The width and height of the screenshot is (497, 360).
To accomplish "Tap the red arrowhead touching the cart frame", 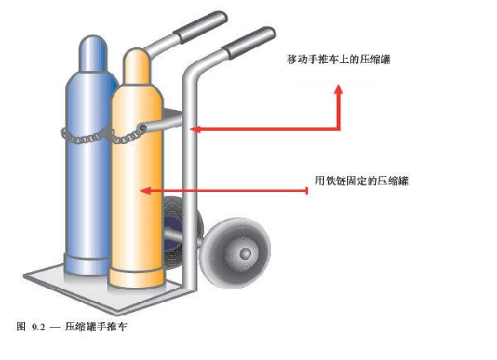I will coord(195,128).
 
